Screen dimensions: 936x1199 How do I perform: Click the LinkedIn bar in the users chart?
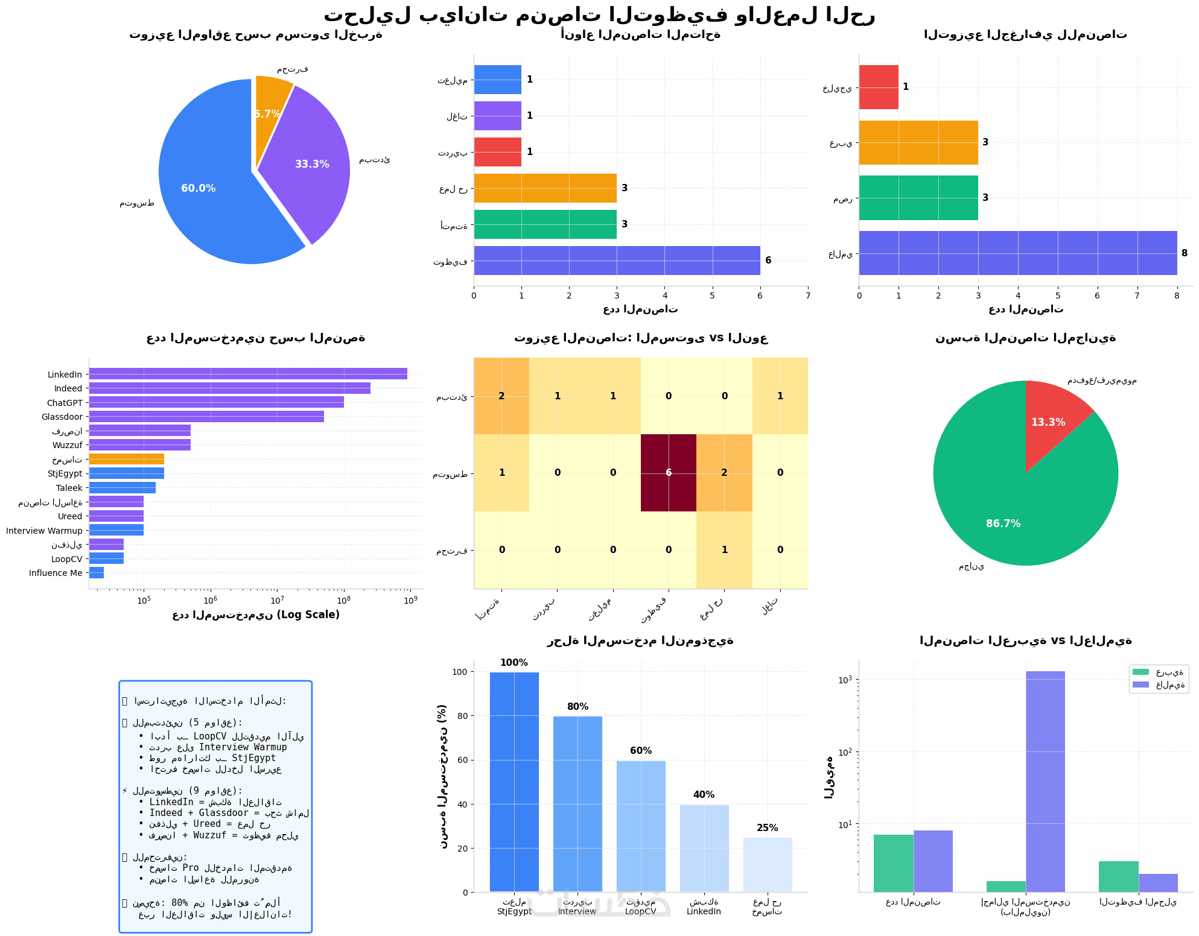pos(247,374)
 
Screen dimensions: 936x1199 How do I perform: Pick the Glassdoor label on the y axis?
pos(62,417)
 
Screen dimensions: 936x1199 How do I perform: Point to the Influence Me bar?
pos(97,573)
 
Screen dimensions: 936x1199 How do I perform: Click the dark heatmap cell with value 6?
pos(668,473)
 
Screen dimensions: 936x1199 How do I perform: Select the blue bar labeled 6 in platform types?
pos(616,261)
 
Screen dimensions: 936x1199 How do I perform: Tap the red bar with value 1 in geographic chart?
pos(879,87)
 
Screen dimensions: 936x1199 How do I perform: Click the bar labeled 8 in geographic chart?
pos(1017,253)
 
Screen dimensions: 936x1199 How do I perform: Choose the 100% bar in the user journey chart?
pos(514,782)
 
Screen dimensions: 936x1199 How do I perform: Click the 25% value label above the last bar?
pos(767,828)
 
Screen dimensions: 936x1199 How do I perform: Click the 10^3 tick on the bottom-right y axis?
pos(847,680)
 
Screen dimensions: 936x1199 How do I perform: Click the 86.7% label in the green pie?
pos(1003,523)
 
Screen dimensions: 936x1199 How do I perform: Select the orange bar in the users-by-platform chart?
pos(126,459)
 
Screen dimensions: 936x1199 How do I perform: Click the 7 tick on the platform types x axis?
pos(807,296)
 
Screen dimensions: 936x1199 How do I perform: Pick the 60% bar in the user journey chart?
pos(641,826)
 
